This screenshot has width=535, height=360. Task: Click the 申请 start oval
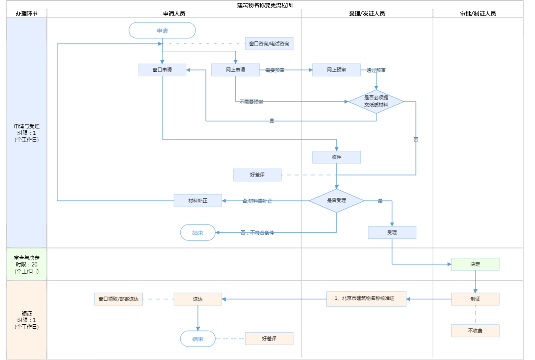click(162, 31)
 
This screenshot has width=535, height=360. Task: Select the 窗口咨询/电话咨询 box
click(269, 44)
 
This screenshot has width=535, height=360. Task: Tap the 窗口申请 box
click(162, 70)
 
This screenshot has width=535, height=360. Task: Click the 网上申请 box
click(235, 70)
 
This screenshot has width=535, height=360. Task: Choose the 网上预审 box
click(336, 70)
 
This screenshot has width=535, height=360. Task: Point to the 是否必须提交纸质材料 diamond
click(376, 101)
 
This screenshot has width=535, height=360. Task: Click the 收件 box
click(336, 157)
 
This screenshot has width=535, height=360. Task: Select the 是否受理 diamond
click(336, 201)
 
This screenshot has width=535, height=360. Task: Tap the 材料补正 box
click(198, 201)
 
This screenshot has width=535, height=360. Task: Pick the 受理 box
click(392, 232)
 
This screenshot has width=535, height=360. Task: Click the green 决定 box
click(475, 264)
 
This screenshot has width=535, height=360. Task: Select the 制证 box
click(475, 299)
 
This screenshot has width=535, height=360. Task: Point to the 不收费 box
click(475, 331)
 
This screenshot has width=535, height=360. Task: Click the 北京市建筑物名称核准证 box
click(366, 299)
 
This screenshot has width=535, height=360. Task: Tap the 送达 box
click(198, 299)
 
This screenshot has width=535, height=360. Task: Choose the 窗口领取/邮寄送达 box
click(118, 299)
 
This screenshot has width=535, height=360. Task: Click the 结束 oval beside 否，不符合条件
click(198, 233)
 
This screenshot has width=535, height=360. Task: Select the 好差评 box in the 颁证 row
click(269, 339)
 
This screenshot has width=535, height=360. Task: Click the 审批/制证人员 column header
click(478, 13)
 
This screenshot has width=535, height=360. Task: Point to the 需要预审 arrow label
click(275, 70)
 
